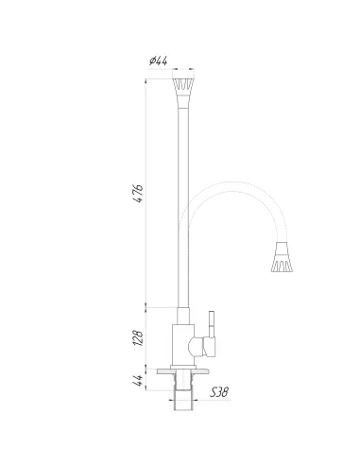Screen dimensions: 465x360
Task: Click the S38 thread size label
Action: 218,391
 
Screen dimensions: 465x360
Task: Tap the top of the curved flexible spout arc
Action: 236,183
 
